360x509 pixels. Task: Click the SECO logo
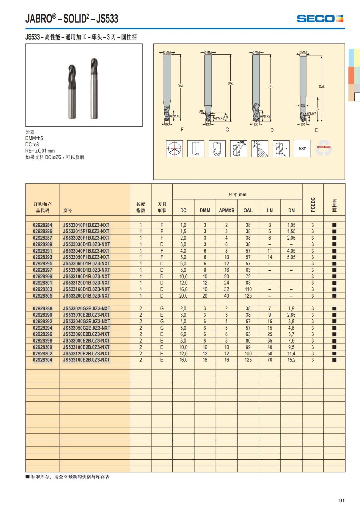(320, 19)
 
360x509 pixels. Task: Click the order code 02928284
(43, 225)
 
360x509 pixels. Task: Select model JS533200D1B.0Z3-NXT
(86, 296)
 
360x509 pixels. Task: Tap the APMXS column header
(226, 210)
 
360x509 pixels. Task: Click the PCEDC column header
(313, 205)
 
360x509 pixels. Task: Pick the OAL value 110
(248, 289)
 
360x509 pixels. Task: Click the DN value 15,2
(291, 360)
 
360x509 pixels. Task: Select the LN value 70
(270, 360)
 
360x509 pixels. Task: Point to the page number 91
(342, 500)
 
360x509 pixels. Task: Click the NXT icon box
(302, 148)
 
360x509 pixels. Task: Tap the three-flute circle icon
(174, 148)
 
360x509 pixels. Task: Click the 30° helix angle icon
(238, 148)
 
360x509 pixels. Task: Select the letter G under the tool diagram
(227, 130)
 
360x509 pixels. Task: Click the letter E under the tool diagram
(316, 130)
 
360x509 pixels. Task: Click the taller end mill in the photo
(94, 88)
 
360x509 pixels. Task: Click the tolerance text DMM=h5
(34, 138)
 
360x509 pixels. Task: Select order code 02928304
(43, 360)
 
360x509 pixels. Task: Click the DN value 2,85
(291, 315)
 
